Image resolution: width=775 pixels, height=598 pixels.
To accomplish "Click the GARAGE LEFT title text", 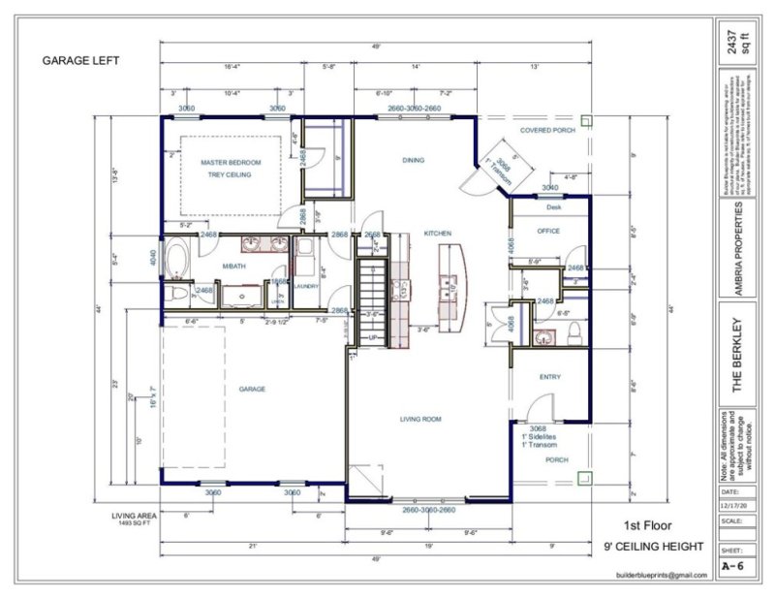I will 80,60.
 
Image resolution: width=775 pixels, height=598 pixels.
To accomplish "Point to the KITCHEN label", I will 439,234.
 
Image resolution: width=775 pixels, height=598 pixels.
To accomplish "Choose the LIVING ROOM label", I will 421,419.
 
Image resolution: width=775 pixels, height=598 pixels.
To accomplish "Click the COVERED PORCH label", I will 547,130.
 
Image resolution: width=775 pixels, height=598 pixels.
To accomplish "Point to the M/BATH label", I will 235,266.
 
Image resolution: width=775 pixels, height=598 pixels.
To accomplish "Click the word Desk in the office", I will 553,207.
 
